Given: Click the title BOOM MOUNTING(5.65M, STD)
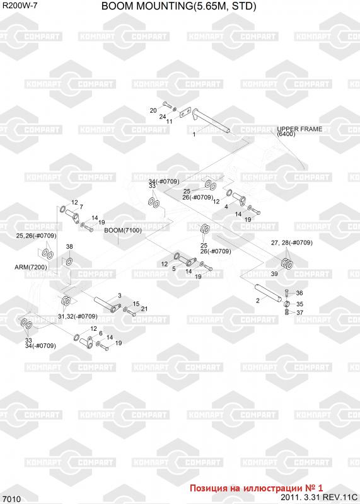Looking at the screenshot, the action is pos(178,6).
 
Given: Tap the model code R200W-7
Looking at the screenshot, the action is pos(20,5).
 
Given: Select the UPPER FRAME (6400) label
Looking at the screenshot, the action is pos(299,131).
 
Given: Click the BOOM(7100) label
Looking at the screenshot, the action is pos(123,230).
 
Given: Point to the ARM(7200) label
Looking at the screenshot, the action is pos(31,267).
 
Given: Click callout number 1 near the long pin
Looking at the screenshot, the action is pos(194,134).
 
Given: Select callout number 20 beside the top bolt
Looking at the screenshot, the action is pos(153,110).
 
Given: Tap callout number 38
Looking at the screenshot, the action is pos(69,246).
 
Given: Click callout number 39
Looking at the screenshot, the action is pos(274,273).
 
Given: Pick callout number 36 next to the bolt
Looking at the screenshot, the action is pos(299,293).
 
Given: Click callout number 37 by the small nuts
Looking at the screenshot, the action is pos(299,312).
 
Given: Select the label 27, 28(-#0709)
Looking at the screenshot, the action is pos(291,243).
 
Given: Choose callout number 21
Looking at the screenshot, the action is pos(144,309).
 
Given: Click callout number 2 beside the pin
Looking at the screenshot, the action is pos(258,301).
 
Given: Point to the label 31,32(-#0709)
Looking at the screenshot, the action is pos(78,316).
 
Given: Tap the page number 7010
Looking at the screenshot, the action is pos(13,499).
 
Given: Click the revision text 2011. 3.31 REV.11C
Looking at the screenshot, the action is pos(319,498).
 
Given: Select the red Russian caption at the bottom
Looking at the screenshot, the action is pos(256,488).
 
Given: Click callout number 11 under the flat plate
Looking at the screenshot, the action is pos(169,122).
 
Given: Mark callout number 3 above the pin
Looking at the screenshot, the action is pos(120,295).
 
